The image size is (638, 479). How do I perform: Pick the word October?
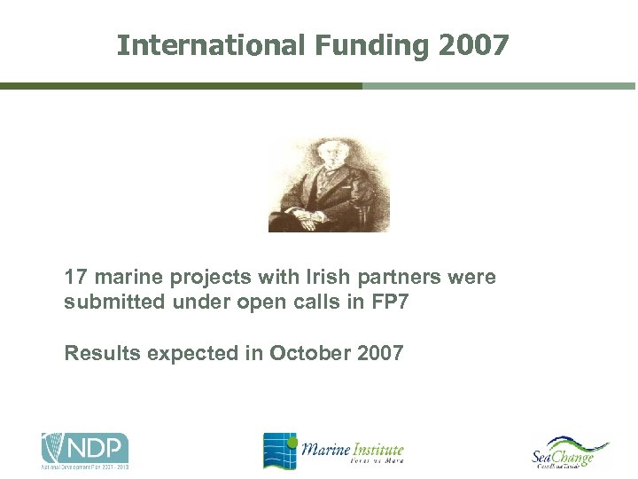click(306, 353)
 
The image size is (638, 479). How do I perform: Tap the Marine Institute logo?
click(333, 450)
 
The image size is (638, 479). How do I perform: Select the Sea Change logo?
click(570, 452)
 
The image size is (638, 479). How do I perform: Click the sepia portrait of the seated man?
click(329, 185)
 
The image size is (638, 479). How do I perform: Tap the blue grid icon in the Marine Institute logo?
click(279, 450)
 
